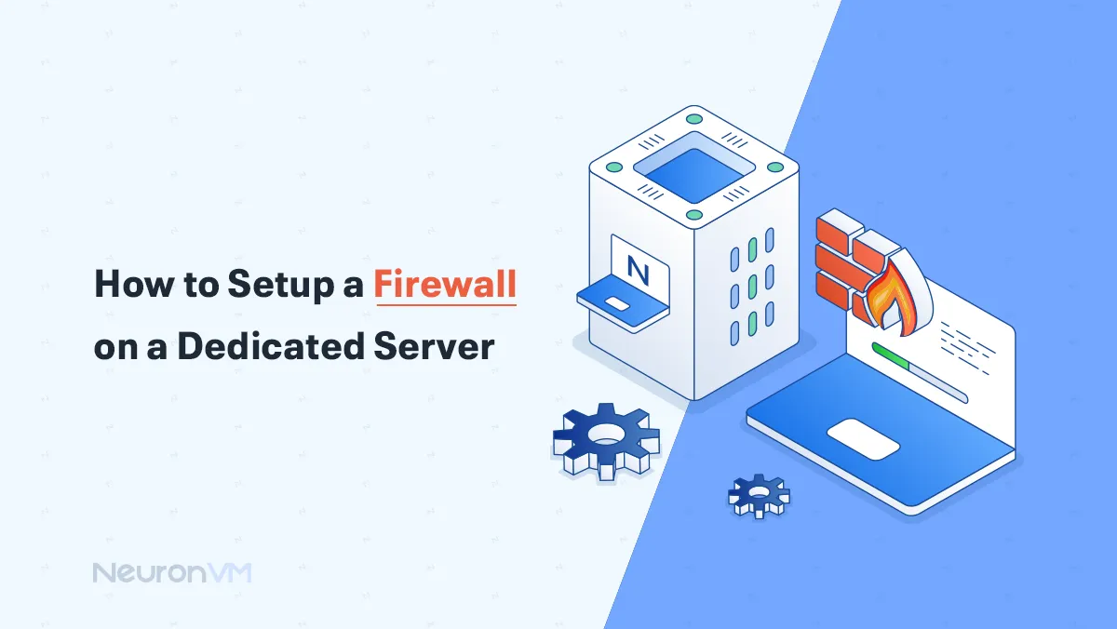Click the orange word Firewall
pos(445,284)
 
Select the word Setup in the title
pos(278,284)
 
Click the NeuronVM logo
pos(172,572)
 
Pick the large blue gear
pos(605,439)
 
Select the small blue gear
pos(758,494)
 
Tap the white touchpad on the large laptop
pos(863,437)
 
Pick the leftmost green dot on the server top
pos(613,167)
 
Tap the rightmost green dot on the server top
pos(774,167)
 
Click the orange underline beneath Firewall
pos(445,304)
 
